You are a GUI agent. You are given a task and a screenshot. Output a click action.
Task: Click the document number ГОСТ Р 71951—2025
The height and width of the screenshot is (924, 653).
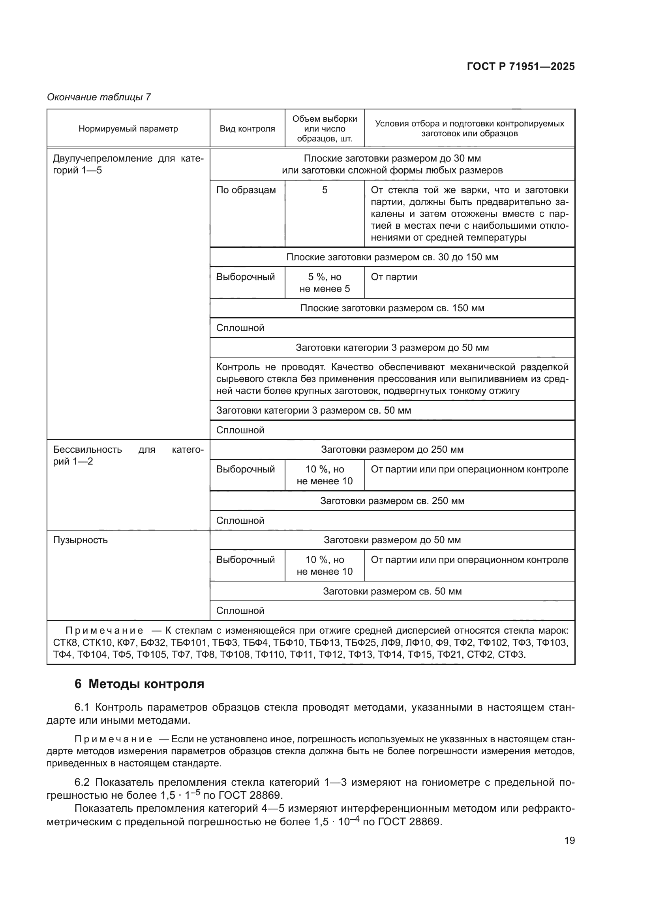pyautogui.click(x=521, y=66)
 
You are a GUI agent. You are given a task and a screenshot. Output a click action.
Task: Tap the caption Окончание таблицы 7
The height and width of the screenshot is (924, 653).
pyautogui.click(x=99, y=97)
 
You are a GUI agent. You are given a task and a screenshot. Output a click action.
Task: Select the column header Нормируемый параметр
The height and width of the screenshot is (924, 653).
pyautogui.click(x=128, y=129)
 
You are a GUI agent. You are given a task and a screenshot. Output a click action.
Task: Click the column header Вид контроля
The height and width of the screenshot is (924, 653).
pyautogui.click(x=247, y=129)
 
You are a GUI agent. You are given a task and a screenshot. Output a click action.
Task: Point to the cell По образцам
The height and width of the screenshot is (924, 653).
pyautogui.click(x=246, y=190)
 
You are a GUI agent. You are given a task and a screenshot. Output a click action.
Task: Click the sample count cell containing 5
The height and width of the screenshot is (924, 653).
pyautogui.click(x=325, y=190)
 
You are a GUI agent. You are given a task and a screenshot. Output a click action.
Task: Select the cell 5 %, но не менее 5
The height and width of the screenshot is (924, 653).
pyautogui.click(x=325, y=282)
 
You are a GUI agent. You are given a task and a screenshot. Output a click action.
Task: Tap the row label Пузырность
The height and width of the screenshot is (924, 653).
pyautogui.click(x=81, y=540)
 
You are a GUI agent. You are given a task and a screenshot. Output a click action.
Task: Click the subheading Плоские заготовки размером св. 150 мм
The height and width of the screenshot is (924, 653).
pyautogui.click(x=392, y=308)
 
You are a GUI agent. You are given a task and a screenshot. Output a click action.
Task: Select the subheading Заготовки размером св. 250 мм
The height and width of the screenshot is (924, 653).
pyautogui.click(x=392, y=501)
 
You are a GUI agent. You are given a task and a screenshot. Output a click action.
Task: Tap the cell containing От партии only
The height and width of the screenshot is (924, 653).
pyautogui.click(x=394, y=277)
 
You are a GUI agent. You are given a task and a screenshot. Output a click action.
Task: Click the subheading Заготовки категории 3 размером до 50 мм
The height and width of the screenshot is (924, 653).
pyautogui.click(x=392, y=347)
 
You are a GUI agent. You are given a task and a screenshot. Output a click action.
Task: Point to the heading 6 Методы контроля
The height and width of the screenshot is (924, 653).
pyautogui.click(x=139, y=684)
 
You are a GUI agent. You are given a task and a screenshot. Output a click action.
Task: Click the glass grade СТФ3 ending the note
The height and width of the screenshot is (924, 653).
pyautogui.click(x=511, y=654)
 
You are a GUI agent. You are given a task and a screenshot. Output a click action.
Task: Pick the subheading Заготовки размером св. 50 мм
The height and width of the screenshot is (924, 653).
pyautogui.click(x=392, y=591)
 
